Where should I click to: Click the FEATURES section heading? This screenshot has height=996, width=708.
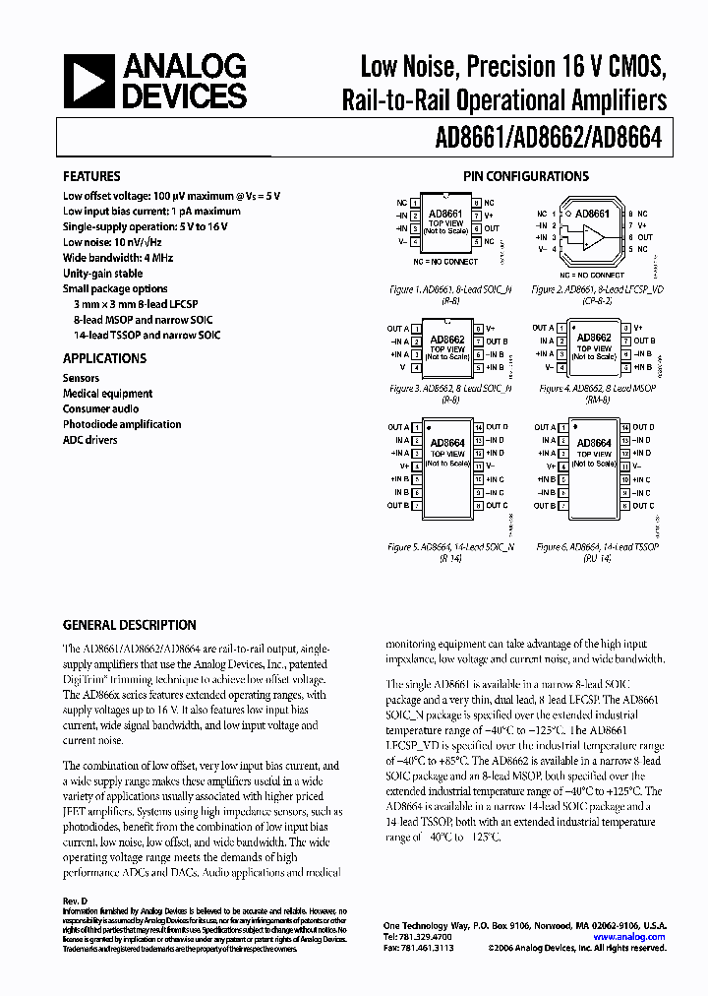coord(91,176)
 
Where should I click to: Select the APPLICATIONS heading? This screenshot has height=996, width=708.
coord(104,358)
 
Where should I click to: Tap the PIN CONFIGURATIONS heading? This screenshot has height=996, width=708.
coord(526,176)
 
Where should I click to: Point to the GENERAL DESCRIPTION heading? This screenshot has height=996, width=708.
coord(129,625)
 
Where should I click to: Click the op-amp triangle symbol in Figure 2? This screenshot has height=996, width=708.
coord(593,237)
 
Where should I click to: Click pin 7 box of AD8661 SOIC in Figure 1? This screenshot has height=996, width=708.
coord(477,214)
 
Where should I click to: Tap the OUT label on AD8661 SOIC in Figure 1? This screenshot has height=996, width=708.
coord(493,227)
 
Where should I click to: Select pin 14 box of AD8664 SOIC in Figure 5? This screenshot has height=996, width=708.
coord(477,427)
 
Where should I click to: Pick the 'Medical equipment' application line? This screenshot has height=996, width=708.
coord(108,394)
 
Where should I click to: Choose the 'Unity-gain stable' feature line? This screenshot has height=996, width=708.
coord(102,273)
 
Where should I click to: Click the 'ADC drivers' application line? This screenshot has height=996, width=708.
coord(90,439)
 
